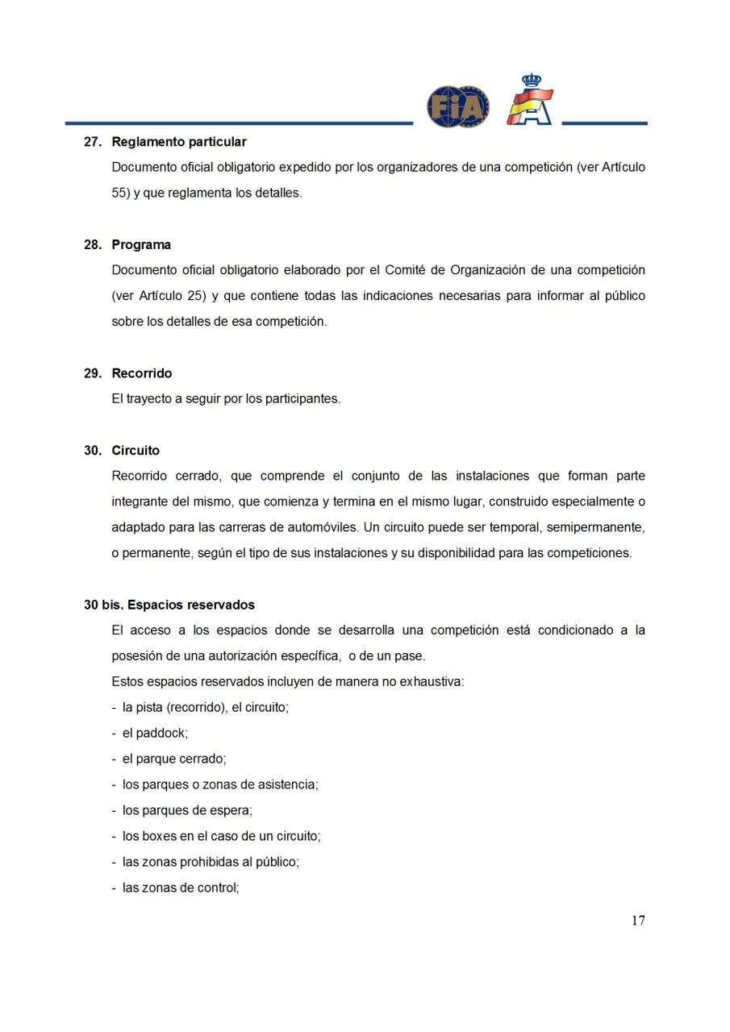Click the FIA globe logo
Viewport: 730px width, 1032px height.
pos(457,107)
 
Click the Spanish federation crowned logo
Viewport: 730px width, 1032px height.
pos(529,101)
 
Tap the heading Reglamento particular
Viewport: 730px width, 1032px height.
pos(178,142)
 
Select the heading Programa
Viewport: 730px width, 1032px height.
pos(141,245)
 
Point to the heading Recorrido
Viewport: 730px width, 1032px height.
pos(141,373)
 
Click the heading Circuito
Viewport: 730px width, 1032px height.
pos(136,451)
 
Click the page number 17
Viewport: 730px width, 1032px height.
pos(638,921)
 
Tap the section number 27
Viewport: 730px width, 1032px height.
pos(92,142)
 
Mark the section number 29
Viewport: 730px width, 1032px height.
pos(92,373)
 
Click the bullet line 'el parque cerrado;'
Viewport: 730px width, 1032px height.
pos(173,759)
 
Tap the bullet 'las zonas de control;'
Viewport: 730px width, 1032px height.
pos(180,888)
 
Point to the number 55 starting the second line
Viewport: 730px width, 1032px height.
pos(119,193)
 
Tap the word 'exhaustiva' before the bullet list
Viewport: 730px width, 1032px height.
pos(429,682)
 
